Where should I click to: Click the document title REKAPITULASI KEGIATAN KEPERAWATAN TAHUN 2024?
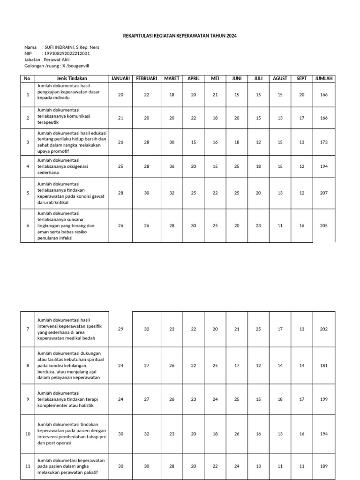tap(180, 36)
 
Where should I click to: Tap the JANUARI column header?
tap(120, 78)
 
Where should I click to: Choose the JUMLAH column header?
tap(324, 78)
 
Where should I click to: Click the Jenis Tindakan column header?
tap(72, 78)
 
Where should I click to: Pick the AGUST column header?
tap(280, 78)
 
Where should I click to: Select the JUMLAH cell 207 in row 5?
tap(324, 193)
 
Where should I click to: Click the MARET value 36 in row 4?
tap(171, 166)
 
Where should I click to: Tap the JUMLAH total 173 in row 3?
tap(324, 142)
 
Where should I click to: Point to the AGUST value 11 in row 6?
tap(280, 226)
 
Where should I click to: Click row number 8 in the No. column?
tap(28, 366)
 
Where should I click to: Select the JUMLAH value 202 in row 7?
tap(324, 329)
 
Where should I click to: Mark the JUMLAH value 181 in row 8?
tap(324, 366)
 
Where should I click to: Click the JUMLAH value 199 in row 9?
tap(324, 399)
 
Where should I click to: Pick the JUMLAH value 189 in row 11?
tap(324, 466)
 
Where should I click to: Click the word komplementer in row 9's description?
tap(53, 405)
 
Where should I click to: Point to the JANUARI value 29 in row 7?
tap(120, 329)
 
